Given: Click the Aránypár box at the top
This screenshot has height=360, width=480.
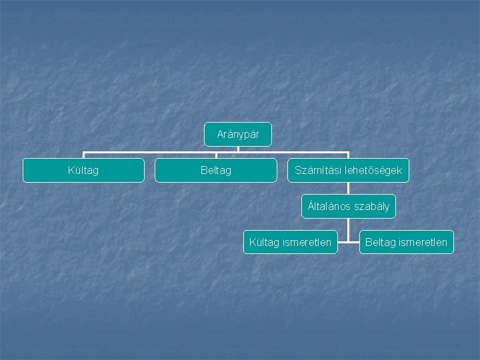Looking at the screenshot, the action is point(238,135).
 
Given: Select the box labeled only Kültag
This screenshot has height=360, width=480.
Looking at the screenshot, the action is point(83,170).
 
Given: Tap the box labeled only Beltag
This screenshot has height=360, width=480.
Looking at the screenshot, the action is point(216,170).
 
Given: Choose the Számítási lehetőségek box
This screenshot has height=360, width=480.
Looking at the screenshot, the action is point(348,170).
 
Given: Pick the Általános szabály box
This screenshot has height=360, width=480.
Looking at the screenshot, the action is point(348,206).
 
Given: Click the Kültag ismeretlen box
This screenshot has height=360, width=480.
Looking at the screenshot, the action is point(290,242).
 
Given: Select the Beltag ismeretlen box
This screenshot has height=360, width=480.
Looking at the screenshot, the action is point(406,242).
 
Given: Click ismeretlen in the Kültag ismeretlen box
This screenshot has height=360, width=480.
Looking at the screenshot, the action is point(307,242).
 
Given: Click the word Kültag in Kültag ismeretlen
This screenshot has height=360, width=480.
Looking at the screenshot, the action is point(265,242).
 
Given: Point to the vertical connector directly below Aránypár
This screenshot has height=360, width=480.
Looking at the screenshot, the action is point(238,149).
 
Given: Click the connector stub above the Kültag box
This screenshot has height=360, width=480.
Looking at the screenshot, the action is point(83,155).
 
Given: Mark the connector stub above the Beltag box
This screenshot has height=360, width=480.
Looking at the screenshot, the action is point(216,155).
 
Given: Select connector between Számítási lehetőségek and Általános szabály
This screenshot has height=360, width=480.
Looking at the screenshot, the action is point(348,188).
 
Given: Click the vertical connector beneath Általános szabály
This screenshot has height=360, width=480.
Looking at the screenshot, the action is point(348,227).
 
